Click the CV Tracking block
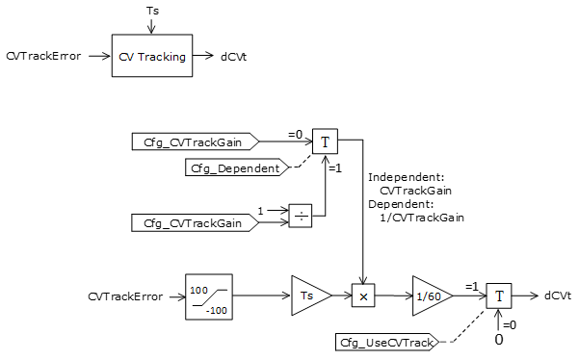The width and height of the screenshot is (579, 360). click(151, 57)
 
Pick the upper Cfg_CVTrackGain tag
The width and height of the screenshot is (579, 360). click(194, 142)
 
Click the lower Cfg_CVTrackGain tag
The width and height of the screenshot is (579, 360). click(194, 223)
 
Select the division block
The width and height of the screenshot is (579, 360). click(301, 217)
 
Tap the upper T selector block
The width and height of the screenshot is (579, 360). click(325, 141)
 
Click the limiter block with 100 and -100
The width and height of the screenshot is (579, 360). click(208, 296)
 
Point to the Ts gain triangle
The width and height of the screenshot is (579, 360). click(307, 296)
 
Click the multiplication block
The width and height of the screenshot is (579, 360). click(363, 296)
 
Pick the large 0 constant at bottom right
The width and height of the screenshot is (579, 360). click(499, 340)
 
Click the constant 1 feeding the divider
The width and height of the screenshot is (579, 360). click(259, 209)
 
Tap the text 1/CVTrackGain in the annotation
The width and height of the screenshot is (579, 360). click(423, 218)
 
